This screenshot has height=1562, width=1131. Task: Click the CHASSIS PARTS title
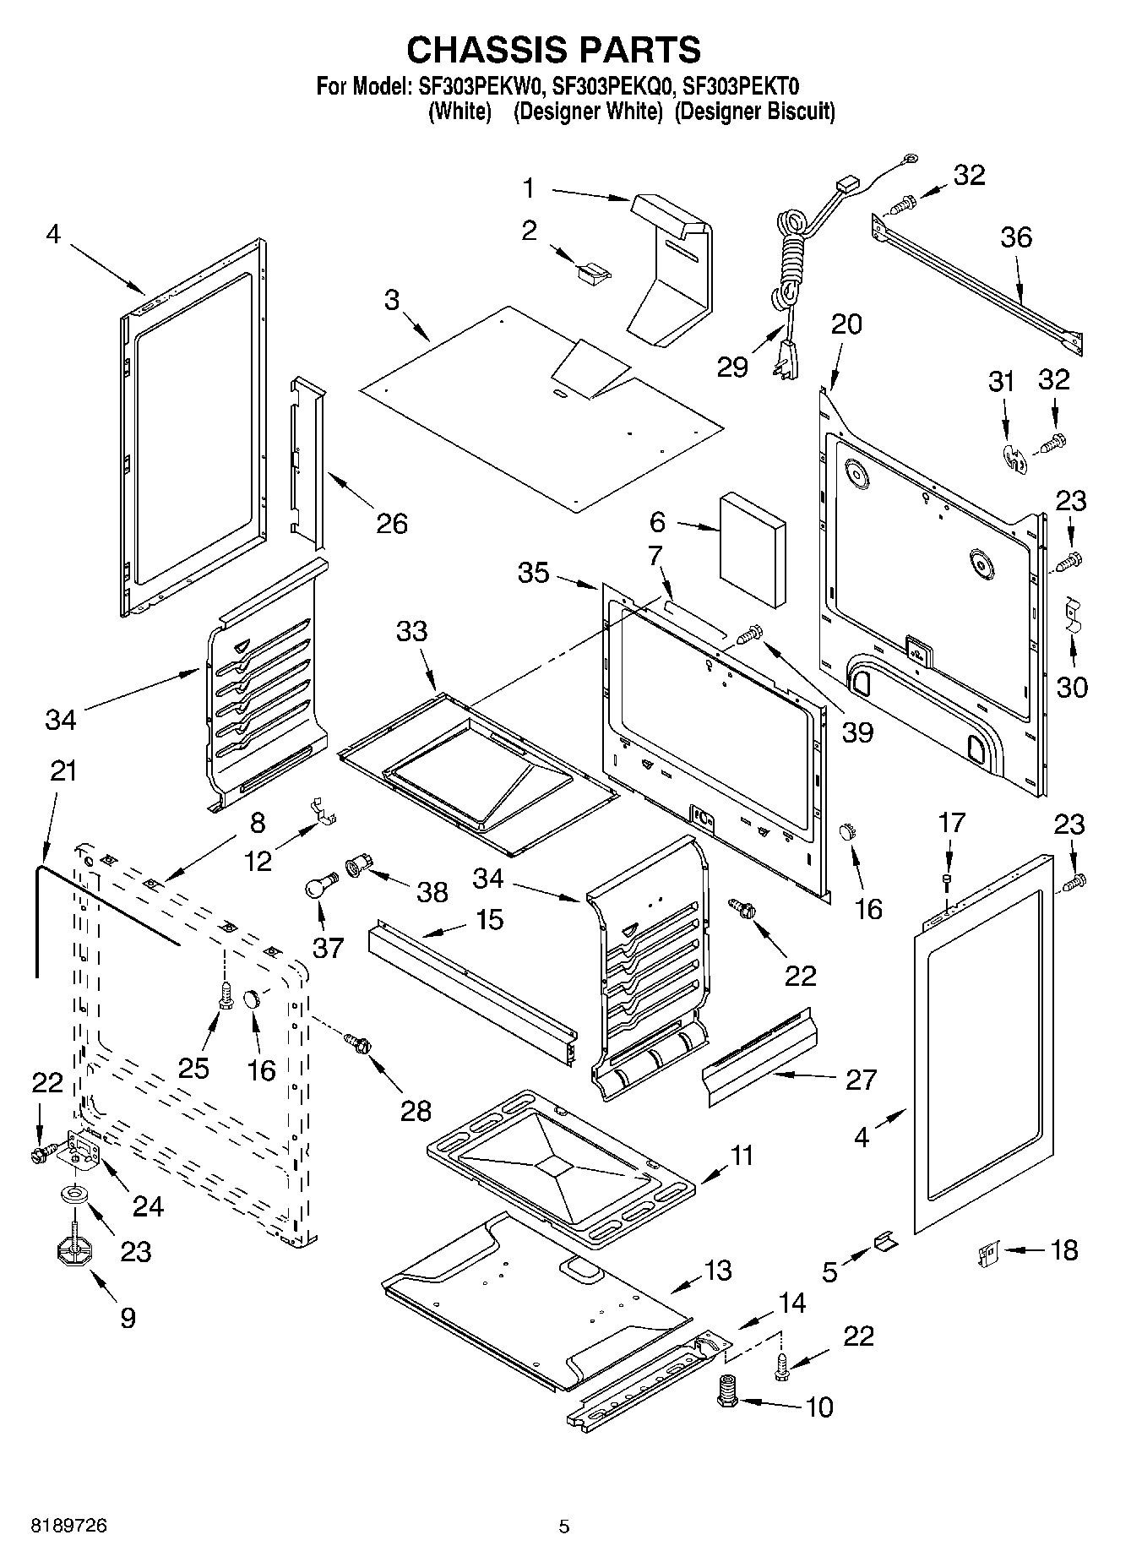point(553,50)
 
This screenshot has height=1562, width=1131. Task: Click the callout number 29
point(732,367)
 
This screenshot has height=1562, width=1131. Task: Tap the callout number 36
point(1015,237)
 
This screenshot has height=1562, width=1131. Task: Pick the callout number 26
point(392,524)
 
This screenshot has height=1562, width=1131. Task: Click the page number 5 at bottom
point(564,1526)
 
